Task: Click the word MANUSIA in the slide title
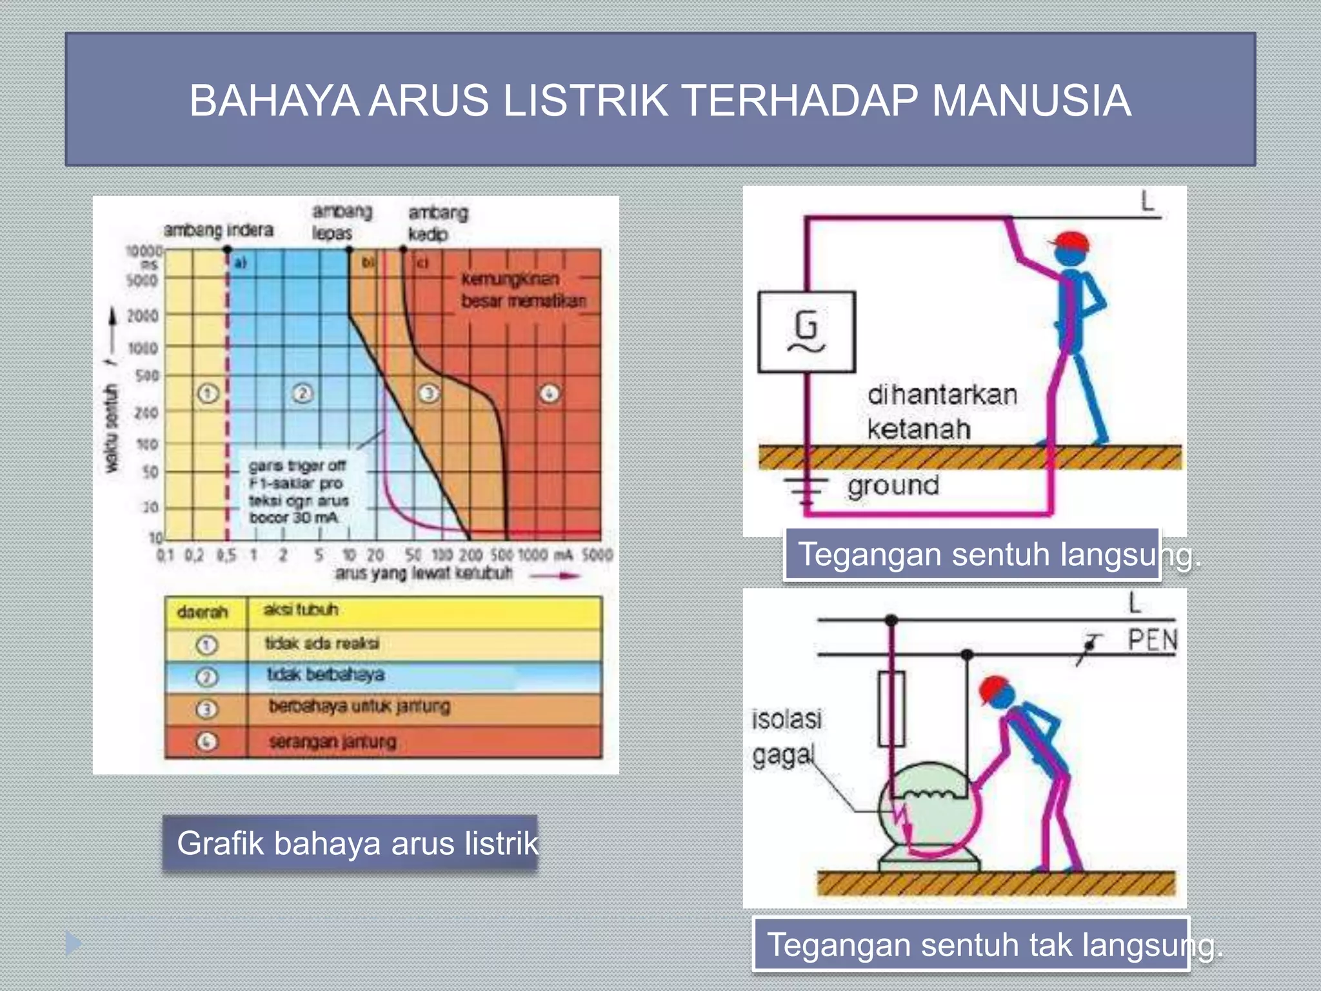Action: pyautogui.click(x=1031, y=101)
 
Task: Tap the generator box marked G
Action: pyautogui.click(x=806, y=332)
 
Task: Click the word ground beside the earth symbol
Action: pyautogui.click(x=893, y=485)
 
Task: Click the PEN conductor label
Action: pyautogui.click(x=1153, y=641)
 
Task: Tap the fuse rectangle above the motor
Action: pyautogui.click(x=891, y=708)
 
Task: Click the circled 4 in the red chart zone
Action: pyautogui.click(x=550, y=393)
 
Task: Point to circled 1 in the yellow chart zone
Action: pyautogui.click(x=208, y=393)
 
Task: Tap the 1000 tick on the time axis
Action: pyautogui.click(x=143, y=348)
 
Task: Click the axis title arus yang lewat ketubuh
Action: pyautogui.click(x=423, y=573)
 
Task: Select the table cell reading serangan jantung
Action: pyautogui.click(x=333, y=742)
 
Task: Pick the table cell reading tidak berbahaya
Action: pyautogui.click(x=326, y=675)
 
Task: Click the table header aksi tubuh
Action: pyautogui.click(x=301, y=610)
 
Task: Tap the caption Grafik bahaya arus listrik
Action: pyautogui.click(x=357, y=843)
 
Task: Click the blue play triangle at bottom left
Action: pyautogui.click(x=73, y=944)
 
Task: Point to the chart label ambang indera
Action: pyautogui.click(x=218, y=230)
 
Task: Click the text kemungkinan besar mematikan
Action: pyautogui.click(x=522, y=290)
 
